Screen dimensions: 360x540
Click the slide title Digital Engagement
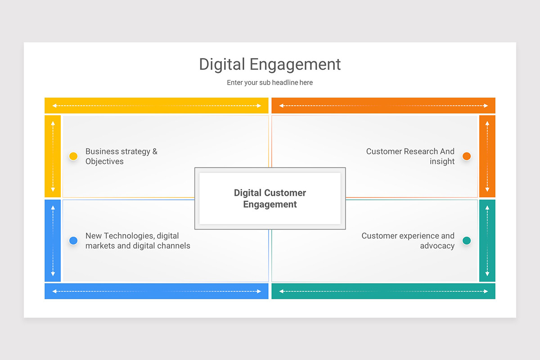(270, 64)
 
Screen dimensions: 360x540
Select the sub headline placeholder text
(270, 83)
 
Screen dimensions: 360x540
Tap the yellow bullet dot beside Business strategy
(73, 156)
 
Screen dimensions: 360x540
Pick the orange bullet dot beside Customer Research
(467, 156)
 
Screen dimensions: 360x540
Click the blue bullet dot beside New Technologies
(73, 241)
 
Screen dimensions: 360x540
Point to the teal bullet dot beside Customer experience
(467, 241)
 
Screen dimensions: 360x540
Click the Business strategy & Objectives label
(121, 156)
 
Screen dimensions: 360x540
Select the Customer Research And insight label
(410, 156)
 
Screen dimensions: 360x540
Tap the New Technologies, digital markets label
(138, 241)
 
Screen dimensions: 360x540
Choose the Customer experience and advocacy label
(408, 241)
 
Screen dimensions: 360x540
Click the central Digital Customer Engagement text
(270, 198)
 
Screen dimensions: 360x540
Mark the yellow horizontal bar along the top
(156, 106)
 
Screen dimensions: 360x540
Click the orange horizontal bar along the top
(383, 106)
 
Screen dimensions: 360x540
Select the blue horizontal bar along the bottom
(156, 291)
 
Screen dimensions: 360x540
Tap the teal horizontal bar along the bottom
(383, 291)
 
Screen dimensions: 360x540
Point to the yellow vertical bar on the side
(53, 156)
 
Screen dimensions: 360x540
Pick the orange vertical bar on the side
(487, 156)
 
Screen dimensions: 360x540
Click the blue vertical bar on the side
(53, 241)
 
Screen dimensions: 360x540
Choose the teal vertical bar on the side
(487, 241)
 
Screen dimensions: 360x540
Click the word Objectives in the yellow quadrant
(104, 162)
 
